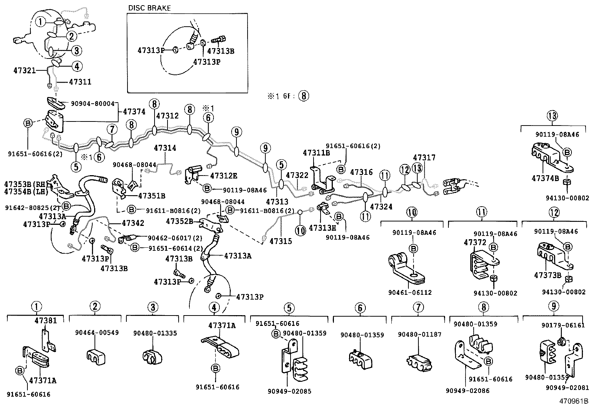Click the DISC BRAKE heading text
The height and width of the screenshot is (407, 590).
pos(149,8)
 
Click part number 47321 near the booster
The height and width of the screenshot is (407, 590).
pos(24,70)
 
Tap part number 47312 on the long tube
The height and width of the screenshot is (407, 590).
pos(167,116)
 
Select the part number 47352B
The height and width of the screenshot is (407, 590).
pos(179,221)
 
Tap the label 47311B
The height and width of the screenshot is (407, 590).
pos(316,153)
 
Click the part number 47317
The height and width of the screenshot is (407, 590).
pos(424,158)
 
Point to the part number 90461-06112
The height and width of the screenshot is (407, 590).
pos(410,293)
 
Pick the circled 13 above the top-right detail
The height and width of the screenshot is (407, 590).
pos(552,116)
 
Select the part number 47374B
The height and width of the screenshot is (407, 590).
pos(545,178)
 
